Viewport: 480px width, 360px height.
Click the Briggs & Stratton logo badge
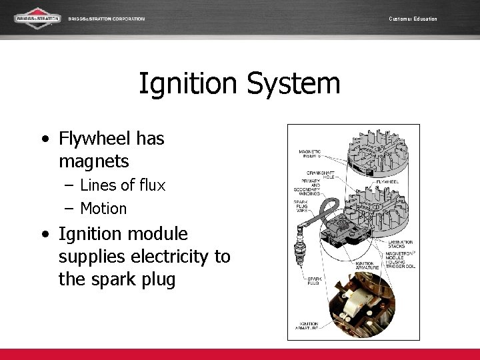click(x=37, y=19)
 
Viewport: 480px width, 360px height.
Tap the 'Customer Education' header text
click(x=413, y=19)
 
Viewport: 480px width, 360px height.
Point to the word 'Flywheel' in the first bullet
click(x=93, y=138)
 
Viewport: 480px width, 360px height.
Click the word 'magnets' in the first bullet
click(x=94, y=161)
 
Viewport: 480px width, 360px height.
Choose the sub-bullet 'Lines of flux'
click(x=122, y=185)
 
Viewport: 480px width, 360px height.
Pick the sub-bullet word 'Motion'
click(x=103, y=209)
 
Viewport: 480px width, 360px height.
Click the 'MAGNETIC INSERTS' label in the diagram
click(x=309, y=154)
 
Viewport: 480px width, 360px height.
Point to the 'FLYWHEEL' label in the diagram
click(x=388, y=181)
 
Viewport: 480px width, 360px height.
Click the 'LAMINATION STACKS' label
click(x=400, y=245)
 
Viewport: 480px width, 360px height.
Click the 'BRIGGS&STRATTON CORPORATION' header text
click(x=106, y=19)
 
